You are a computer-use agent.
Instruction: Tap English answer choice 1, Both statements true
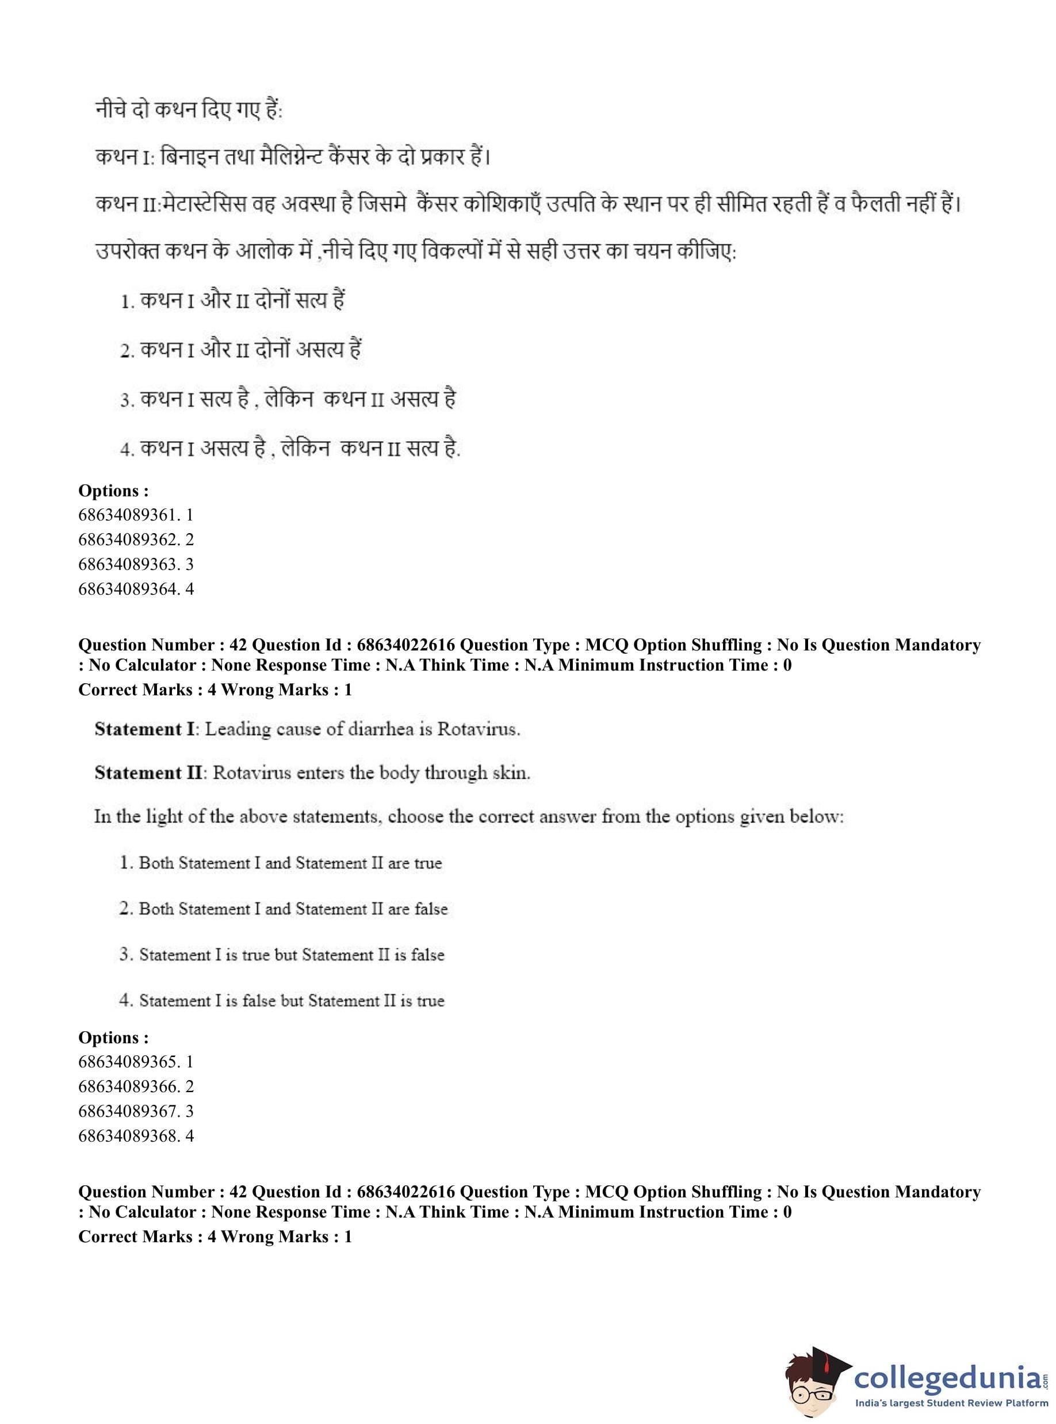coord(281,863)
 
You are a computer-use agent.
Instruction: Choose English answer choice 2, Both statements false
coord(283,909)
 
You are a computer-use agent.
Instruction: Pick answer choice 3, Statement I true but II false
coord(282,955)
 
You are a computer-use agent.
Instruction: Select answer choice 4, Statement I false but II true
coord(282,1000)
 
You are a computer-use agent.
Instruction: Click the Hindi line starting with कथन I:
coord(293,156)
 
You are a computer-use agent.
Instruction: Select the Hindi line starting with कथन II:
coord(528,205)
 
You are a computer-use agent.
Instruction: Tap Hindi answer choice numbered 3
coord(288,400)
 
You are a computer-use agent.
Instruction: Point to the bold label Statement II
coord(148,773)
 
